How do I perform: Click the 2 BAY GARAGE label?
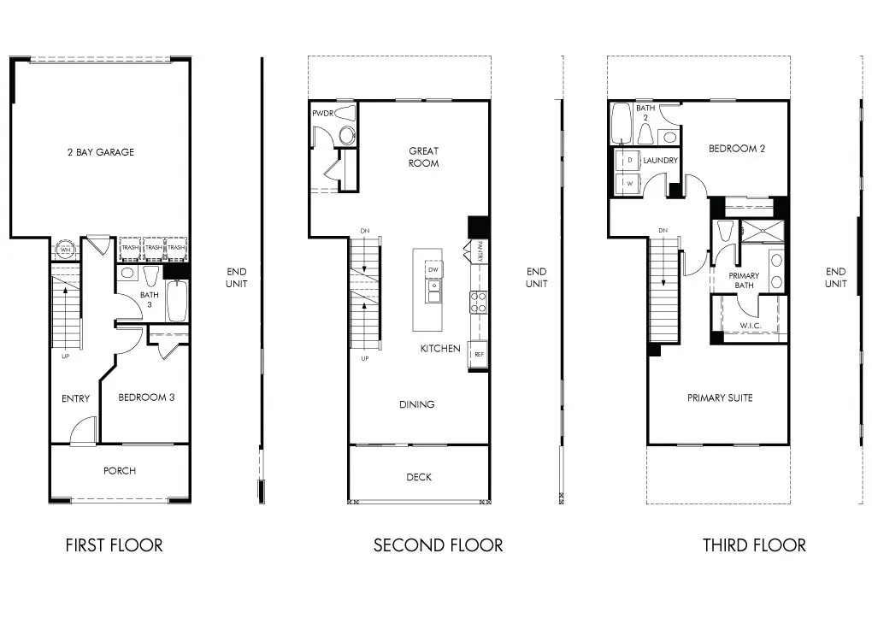(x=101, y=152)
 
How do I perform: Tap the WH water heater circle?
(x=65, y=250)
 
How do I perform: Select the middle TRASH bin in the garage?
(x=153, y=248)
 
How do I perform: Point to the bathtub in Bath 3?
(x=177, y=300)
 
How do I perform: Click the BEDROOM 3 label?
(x=146, y=397)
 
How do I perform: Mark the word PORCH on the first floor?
(x=120, y=471)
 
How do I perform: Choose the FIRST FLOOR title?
(x=114, y=545)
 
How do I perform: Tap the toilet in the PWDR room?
(x=345, y=135)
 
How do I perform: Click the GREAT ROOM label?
(x=423, y=157)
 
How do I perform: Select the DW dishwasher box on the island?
(x=434, y=270)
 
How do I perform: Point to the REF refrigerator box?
(x=478, y=353)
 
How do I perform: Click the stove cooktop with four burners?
(x=478, y=301)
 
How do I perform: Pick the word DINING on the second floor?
(x=416, y=404)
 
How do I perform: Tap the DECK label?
(x=419, y=478)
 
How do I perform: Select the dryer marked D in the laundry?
(x=629, y=161)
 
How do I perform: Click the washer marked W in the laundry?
(x=629, y=183)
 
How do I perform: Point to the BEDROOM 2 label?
(x=736, y=148)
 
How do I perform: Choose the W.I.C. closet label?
(x=751, y=327)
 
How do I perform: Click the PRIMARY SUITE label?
(x=720, y=397)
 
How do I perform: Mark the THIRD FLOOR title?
(x=754, y=545)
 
